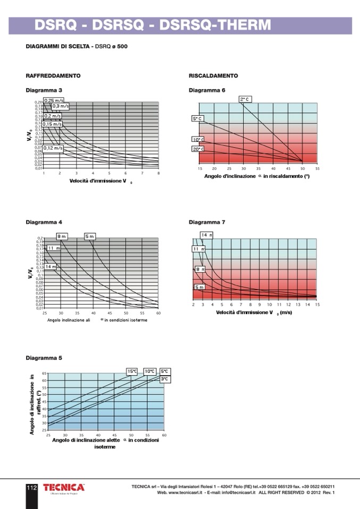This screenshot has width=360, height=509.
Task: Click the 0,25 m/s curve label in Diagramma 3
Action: click(x=54, y=100)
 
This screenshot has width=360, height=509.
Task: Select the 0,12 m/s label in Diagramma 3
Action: click(x=53, y=148)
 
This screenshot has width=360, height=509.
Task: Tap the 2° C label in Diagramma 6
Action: click(x=245, y=99)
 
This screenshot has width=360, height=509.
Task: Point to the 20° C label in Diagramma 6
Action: click(x=198, y=149)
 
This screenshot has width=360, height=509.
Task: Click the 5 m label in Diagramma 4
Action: click(x=89, y=236)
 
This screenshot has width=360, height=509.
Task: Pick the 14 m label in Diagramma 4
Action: click(x=51, y=267)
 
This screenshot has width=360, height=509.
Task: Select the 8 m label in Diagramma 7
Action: click(x=200, y=269)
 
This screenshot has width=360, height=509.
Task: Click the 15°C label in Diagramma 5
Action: click(x=132, y=371)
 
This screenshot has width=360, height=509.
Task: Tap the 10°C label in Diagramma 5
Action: click(x=150, y=371)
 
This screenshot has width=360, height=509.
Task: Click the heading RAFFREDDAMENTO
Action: click(x=53, y=76)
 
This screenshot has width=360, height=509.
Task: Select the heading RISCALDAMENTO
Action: click(x=213, y=76)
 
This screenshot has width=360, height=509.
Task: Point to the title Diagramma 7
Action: click(x=207, y=222)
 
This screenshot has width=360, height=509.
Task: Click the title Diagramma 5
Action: click(x=44, y=358)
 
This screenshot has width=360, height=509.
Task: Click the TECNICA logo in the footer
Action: click(x=64, y=487)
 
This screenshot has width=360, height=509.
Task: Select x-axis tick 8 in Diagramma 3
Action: click(x=158, y=173)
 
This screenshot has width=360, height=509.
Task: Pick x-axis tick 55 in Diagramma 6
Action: click(x=317, y=168)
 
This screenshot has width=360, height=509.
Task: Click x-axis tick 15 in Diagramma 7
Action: click(x=317, y=304)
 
